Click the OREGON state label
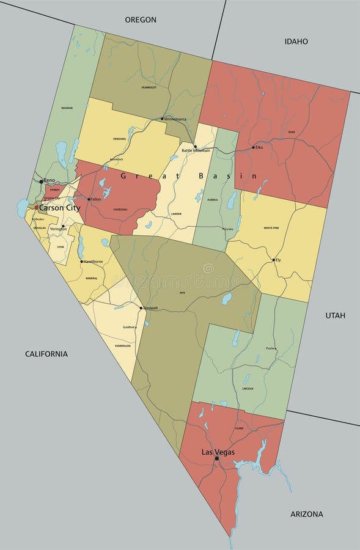141,20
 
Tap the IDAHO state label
296,42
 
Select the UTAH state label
335,315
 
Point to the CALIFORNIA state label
46,354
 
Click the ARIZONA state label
307,514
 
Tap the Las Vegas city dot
216,458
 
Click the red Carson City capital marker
36,208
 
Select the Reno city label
50,181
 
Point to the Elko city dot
253,147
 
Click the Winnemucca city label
178,119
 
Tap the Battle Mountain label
196,150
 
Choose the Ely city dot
273,260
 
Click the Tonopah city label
150,308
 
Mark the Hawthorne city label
93,262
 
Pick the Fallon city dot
89,199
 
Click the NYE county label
182,293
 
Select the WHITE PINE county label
271,228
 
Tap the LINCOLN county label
248,388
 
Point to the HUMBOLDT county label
149,87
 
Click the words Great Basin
189,176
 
